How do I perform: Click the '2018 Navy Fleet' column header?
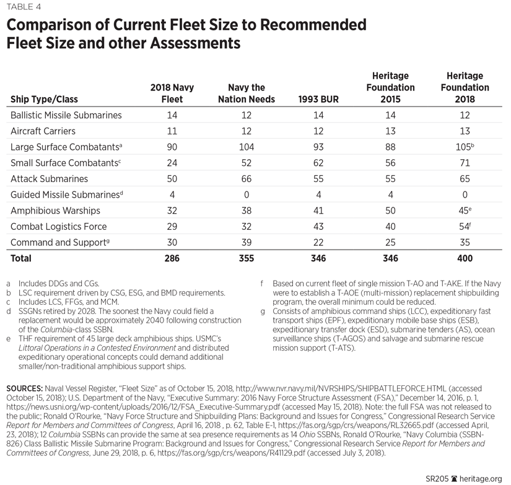172,94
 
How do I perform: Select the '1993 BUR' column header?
318,99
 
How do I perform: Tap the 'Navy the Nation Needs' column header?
247,94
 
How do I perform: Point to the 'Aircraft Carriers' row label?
43,131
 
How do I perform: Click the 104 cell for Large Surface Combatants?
247,147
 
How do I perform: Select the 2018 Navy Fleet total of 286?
172,258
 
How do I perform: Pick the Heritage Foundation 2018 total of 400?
465,258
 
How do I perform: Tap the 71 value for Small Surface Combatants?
465,163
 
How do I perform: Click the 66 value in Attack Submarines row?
247,178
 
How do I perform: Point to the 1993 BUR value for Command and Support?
318,242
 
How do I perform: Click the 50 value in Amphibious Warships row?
390,210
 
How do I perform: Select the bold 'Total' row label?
20,258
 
